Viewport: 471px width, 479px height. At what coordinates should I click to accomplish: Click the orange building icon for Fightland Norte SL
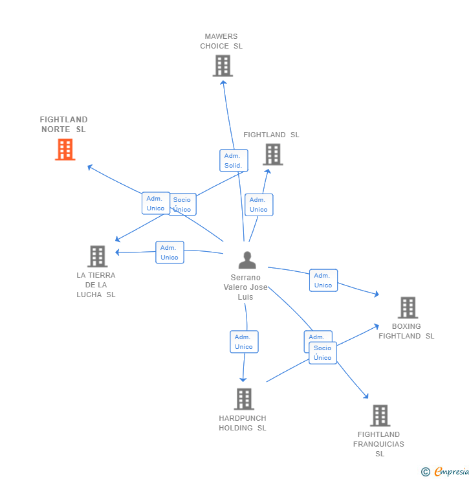65,150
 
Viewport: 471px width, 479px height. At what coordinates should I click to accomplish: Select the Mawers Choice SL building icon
223,66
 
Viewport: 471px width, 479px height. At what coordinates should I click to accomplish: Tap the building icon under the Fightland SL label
273,155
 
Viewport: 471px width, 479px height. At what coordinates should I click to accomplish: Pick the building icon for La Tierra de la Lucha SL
97,256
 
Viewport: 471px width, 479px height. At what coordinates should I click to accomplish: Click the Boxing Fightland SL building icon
408,307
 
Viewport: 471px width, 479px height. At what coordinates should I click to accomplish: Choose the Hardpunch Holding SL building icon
244,399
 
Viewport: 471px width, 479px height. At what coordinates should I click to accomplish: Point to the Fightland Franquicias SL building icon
380,416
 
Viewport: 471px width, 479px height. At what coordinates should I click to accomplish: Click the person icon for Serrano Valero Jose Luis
247,260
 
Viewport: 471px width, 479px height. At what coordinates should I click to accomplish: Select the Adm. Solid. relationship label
233,161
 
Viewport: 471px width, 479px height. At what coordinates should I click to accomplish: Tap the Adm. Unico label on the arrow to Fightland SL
259,205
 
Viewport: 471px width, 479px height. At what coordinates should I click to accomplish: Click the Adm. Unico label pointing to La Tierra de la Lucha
170,252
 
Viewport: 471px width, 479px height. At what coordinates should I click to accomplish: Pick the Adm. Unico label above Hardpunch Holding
244,342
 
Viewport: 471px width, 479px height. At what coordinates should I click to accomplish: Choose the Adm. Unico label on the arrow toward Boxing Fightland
323,280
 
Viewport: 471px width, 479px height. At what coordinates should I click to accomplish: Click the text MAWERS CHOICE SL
221,41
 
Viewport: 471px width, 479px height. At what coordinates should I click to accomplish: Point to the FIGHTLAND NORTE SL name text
63,124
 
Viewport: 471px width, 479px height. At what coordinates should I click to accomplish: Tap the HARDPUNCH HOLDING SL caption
243,423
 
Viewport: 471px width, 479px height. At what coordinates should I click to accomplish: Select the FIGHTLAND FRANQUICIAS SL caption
378,443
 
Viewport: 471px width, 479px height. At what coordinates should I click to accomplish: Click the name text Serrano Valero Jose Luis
245,287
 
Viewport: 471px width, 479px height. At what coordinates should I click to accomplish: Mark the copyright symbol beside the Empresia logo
426,472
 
